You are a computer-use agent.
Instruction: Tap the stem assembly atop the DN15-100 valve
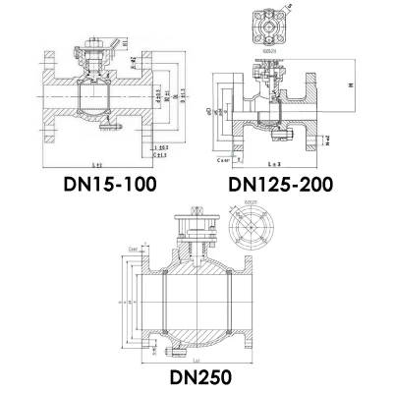pos(99,59)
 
